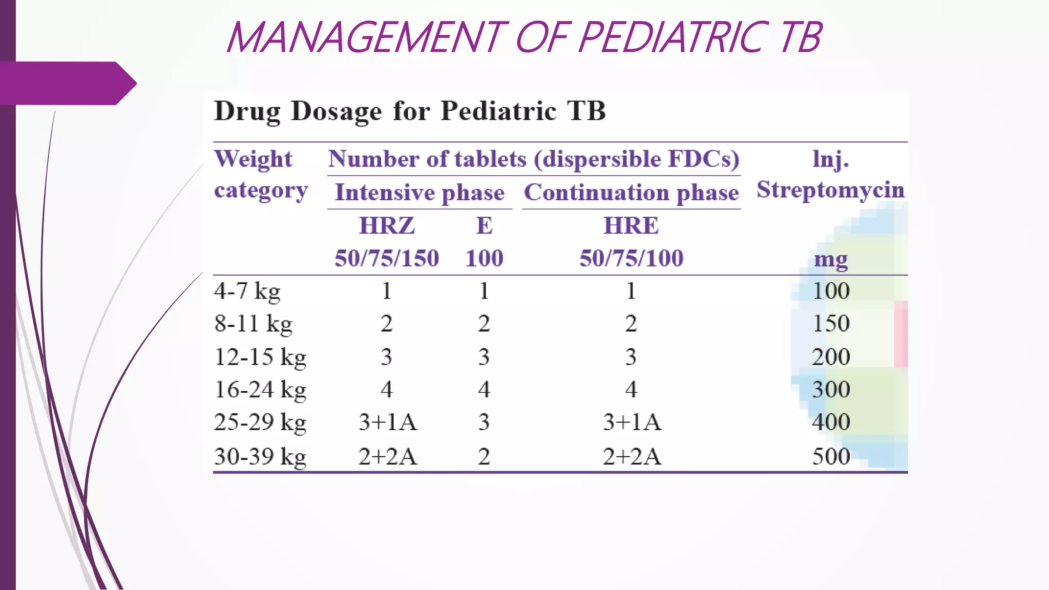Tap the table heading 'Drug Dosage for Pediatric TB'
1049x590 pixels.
pyautogui.click(x=410, y=111)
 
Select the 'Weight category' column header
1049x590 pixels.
pyautogui.click(x=260, y=174)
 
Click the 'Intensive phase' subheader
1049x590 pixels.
pyautogui.click(x=419, y=193)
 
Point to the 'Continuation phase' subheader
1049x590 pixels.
pyautogui.click(x=631, y=193)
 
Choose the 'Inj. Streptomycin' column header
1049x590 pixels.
pyautogui.click(x=830, y=174)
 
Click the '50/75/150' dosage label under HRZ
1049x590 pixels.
pyautogui.click(x=387, y=258)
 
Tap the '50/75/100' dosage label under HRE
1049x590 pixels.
pyautogui.click(x=631, y=258)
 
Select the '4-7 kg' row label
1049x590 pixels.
pyautogui.click(x=247, y=291)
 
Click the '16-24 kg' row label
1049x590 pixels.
pyautogui.click(x=260, y=389)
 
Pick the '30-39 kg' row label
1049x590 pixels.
pyautogui.click(x=260, y=456)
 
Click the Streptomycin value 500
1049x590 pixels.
pyautogui.click(x=831, y=456)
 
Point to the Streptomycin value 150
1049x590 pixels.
pyautogui.click(x=831, y=324)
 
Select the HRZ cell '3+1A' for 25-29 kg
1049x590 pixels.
pyautogui.click(x=388, y=422)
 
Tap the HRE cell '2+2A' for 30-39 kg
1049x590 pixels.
pyautogui.click(x=632, y=456)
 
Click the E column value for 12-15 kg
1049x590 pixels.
pyautogui.click(x=484, y=356)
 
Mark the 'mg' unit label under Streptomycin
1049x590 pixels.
pyautogui.click(x=831, y=259)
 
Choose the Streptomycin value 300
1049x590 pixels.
pyautogui.click(x=831, y=389)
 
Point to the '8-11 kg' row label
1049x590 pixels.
pyautogui.click(x=253, y=324)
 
